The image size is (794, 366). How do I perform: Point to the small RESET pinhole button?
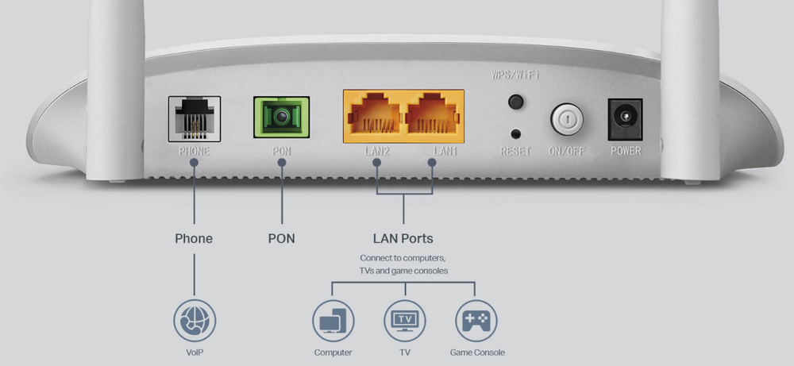tap(515, 134)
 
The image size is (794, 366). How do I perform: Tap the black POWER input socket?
tap(624, 119)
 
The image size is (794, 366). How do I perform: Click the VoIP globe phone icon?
tap(195, 321)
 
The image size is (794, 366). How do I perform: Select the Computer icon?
tap(333, 321)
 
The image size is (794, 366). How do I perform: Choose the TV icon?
tap(404, 321)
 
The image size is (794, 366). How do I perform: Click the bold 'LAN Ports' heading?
tap(403, 238)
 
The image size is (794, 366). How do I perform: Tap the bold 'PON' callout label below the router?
tap(281, 238)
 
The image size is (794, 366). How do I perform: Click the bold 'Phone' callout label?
tap(194, 238)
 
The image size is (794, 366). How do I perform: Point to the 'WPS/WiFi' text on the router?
tap(515, 75)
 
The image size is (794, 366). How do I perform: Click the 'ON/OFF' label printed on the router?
tap(566, 151)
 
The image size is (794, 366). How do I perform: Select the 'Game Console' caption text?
tap(477, 353)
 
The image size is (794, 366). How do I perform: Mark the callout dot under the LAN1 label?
tap(433, 163)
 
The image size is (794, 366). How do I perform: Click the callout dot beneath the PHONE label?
tap(195, 163)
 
